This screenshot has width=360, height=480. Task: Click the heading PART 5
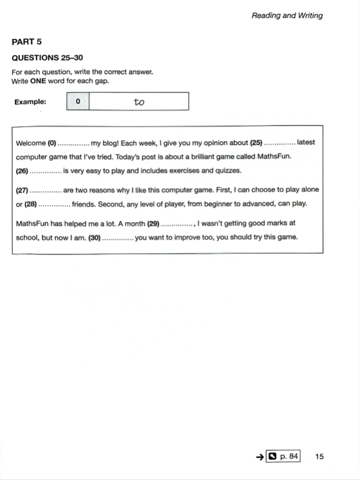[x=26, y=42]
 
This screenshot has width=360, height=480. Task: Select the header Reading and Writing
[x=287, y=16]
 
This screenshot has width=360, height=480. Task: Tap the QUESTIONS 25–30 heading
[x=47, y=57]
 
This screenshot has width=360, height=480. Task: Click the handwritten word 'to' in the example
[x=139, y=102]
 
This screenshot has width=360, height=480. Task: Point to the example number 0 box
[x=78, y=102]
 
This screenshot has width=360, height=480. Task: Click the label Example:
[x=31, y=102]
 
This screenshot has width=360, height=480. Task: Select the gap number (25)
[x=256, y=142]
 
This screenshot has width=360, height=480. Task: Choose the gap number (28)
[x=31, y=203]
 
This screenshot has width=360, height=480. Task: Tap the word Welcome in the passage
[x=31, y=143]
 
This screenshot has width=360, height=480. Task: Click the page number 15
[x=319, y=457]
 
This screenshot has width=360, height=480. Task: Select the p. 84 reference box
[x=283, y=457]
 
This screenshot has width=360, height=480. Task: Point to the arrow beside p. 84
[x=260, y=457]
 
